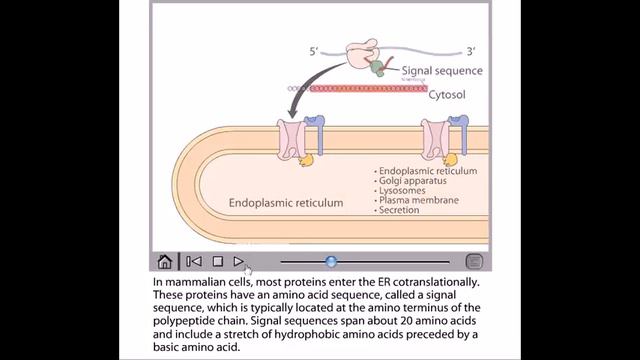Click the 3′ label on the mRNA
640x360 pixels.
tap(470, 49)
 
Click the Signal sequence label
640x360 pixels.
tap(442, 71)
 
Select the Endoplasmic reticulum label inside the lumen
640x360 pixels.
tap(286, 202)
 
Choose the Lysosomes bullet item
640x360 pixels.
tap(404, 190)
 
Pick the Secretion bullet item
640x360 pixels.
tap(402, 210)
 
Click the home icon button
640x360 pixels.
tap(165, 261)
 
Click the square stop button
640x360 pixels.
tap(217, 261)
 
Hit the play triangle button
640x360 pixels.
tap(238, 261)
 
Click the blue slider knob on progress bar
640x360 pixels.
tap(331, 261)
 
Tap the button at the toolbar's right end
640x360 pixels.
tap(474, 261)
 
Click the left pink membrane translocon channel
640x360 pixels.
tap(291, 140)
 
